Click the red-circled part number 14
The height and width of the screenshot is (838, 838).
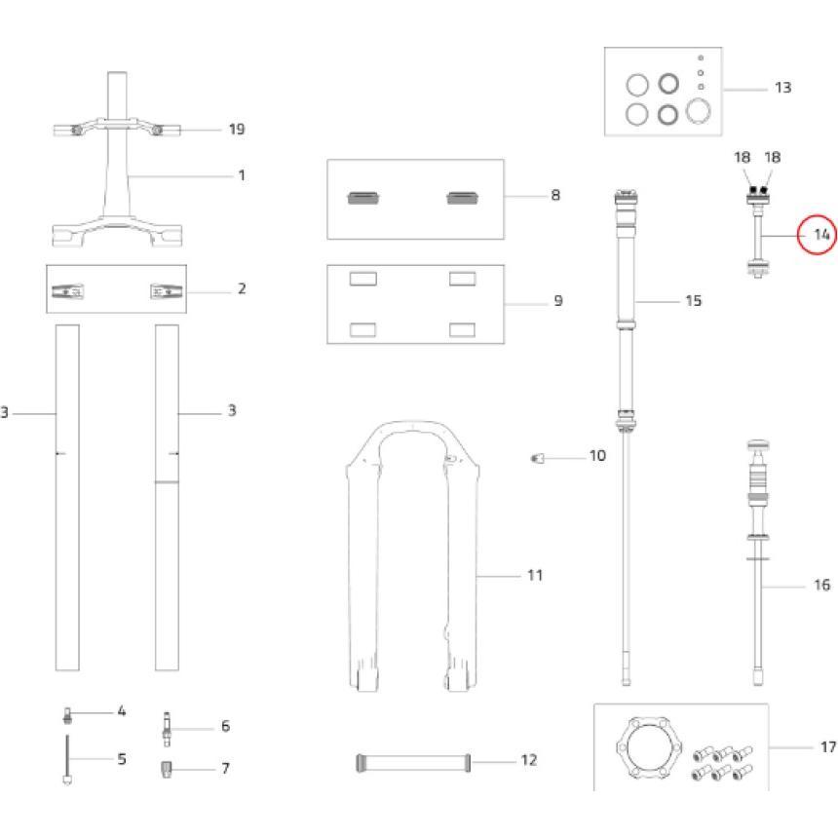tap(820, 235)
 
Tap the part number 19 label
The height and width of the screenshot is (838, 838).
tap(236, 130)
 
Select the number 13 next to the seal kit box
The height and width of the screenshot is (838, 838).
tap(782, 88)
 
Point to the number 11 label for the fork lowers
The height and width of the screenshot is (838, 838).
tap(534, 576)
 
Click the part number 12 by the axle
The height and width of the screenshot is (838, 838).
tap(529, 760)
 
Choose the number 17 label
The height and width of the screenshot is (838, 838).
tap(827, 747)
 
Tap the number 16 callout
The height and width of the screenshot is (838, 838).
tap(821, 586)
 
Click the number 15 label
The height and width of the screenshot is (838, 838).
tap(693, 300)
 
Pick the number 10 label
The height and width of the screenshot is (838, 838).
tap(597, 456)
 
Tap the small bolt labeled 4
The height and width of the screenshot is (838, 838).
tap(67, 715)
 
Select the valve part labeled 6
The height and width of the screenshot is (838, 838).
tap(167, 728)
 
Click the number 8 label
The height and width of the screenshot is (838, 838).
tap(555, 195)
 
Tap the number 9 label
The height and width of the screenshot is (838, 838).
tap(557, 301)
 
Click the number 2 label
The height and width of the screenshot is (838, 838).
tap(241, 289)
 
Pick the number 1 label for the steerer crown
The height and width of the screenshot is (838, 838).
tap(241, 175)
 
